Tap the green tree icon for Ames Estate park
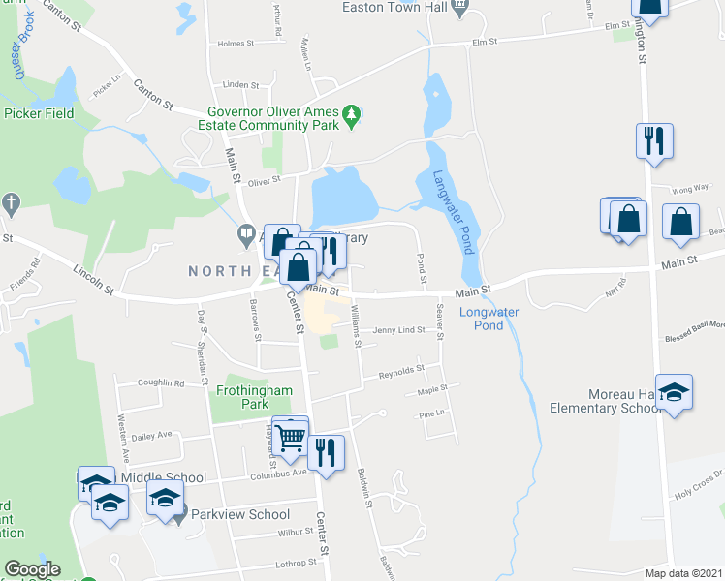355,116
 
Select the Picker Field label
39,113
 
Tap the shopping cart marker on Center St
290,438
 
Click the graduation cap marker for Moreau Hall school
674,393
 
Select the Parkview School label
240,515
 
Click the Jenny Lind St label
399,330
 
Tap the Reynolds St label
401,369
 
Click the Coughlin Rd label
161,383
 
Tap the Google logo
31,569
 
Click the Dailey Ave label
150,434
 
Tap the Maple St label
431,391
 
